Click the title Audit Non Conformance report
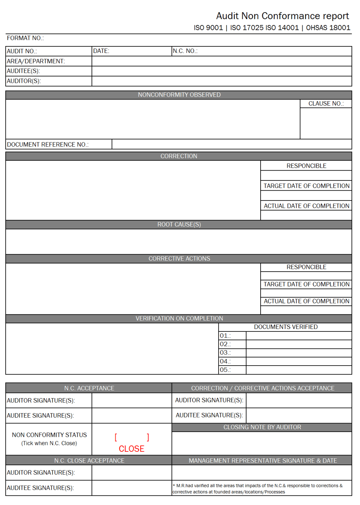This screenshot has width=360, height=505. tap(282, 16)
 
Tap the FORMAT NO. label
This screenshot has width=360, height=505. tap(25, 38)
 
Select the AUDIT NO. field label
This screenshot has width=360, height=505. tap(22, 51)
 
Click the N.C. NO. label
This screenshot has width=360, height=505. tap(185, 51)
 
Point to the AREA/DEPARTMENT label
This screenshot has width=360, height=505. tap(36, 61)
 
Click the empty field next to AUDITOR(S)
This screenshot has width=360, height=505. tap(221, 81)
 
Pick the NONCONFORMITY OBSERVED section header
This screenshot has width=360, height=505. tap(179, 95)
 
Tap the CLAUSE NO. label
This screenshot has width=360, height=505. tap(326, 104)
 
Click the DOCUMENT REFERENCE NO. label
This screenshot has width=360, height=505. tap(48, 145)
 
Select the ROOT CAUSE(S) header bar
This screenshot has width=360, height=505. tap(179, 225)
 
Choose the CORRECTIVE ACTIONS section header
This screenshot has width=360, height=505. tap(179, 259)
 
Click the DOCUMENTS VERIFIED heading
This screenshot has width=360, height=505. tap(286, 327)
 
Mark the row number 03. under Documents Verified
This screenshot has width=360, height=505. tap(225, 353)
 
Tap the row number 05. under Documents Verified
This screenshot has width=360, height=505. tap(225, 370)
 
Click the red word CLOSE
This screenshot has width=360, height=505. tap(131, 449)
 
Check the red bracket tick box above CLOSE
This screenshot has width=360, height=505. tap(132, 437)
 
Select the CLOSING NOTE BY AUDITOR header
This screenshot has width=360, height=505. tap(262, 427)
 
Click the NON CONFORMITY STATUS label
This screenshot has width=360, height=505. tap(49, 435)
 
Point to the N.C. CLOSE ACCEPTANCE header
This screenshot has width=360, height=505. tap(89, 461)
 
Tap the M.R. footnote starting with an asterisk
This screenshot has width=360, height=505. tap(257, 489)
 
